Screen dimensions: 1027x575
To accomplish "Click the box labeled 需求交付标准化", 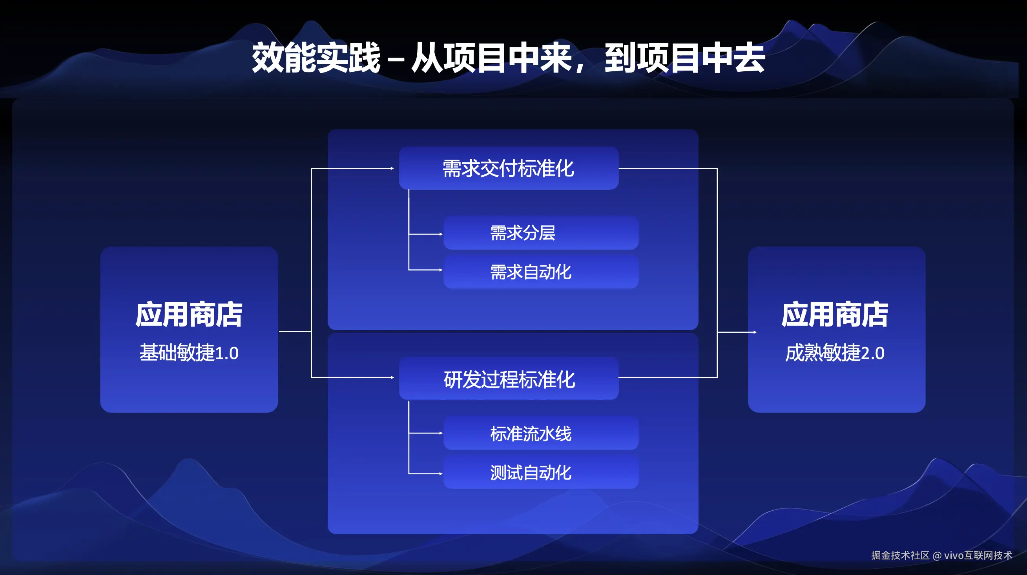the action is (509, 168).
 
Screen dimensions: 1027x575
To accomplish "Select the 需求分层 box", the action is (541, 233).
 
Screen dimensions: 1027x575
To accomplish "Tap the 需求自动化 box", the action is (541, 272).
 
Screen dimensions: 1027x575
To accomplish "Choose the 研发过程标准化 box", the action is (509, 378).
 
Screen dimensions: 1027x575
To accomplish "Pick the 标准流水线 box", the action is (541, 433).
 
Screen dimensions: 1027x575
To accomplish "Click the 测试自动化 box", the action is (541, 472).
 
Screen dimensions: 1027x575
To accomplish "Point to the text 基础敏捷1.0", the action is (189, 353).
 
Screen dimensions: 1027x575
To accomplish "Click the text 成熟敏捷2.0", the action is (835, 353).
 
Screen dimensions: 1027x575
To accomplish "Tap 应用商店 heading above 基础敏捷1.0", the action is (189, 315).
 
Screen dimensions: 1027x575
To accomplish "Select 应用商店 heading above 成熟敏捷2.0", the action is (835, 315).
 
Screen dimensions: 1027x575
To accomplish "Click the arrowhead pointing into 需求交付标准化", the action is (392, 169).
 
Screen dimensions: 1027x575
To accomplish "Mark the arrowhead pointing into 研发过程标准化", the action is (392, 377).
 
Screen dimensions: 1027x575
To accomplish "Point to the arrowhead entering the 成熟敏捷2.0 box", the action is (755, 332).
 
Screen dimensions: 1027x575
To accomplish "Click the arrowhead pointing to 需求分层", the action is (441, 234).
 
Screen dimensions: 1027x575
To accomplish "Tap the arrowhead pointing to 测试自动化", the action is (441, 474).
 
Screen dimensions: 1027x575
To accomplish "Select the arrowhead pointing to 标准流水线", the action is (441, 433).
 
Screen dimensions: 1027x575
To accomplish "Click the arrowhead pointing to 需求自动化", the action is (441, 270).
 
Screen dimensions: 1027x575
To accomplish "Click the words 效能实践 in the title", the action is (316, 58).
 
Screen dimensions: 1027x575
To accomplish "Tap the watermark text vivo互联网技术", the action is (978, 555).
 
